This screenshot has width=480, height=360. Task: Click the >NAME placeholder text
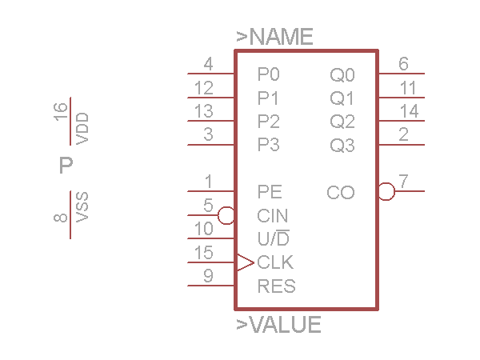(274, 37)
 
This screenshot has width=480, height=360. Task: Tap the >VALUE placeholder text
(278, 325)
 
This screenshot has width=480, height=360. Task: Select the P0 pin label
(269, 75)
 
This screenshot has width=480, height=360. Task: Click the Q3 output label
(342, 146)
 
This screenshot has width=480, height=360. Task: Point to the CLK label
(275, 262)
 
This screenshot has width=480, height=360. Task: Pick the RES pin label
(276, 286)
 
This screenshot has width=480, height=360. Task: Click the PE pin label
(270, 192)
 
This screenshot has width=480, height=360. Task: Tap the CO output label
(341, 193)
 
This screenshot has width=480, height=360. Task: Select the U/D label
(274, 238)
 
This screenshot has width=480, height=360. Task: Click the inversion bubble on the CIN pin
(226, 215)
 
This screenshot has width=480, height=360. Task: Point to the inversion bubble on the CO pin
(386, 192)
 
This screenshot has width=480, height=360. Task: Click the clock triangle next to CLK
(245, 262)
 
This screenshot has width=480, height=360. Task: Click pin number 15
(204, 253)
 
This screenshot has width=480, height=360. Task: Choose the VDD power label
(82, 129)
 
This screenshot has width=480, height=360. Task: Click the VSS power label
(82, 207)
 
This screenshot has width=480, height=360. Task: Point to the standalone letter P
(66, 166)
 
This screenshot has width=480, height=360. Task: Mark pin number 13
(204, 111)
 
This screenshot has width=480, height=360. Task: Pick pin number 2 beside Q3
(404, 134)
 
